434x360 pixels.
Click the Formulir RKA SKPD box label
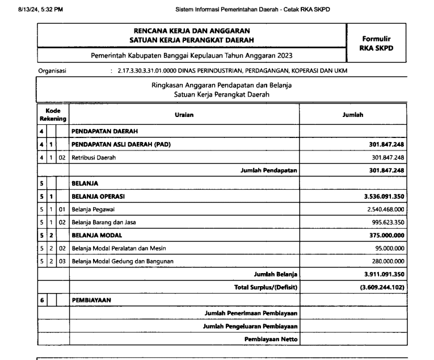pyautogui.click(x=376, y=43)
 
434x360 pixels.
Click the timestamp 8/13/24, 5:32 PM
pyautogui.click(x=41, y=10)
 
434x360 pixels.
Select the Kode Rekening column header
pyautogui.click(x=53, y=115)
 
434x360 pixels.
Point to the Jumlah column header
pyautogui.click(x=353, y=115)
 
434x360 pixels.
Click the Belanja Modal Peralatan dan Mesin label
pyautogui.click(x=119, y=248)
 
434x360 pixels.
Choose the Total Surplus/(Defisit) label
pyautogui.click(x=266, y=287)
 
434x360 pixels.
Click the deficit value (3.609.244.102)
pyautogui.click(x=378, y=287)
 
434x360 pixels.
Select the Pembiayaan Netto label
pyautogui.click(x=271, y=339)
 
